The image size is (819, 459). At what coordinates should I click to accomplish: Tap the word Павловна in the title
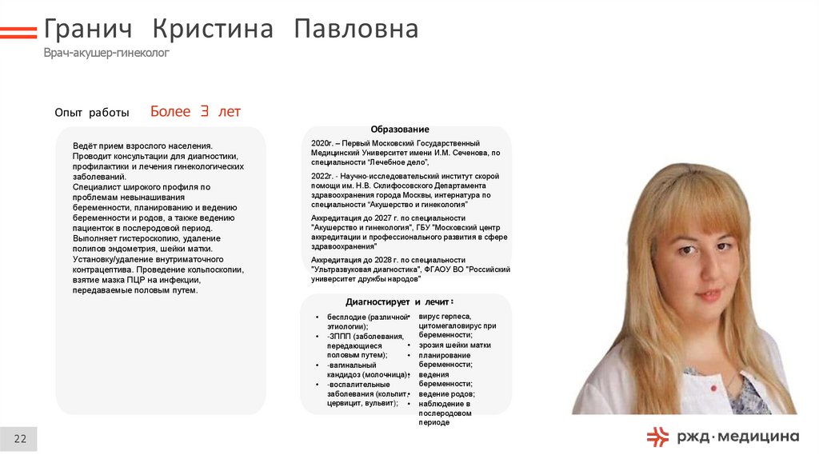(x=356, y=30)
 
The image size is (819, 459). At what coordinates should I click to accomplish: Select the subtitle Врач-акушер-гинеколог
(x=106, y=53)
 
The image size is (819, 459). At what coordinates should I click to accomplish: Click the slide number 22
(x=20, y=438)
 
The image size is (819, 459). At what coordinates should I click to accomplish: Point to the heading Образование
(x=399, y=130)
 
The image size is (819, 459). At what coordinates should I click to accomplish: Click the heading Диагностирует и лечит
(x=399, y=301)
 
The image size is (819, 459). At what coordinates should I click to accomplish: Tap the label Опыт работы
(x=92, y=113)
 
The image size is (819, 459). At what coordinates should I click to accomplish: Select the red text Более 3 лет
(x=195, y=112)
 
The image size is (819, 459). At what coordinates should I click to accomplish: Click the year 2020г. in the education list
(x=322, y=142)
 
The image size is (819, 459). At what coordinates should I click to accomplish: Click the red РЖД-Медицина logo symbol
(x=657, y=436)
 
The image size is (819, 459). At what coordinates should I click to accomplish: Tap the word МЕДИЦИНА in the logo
(x=757, y=436)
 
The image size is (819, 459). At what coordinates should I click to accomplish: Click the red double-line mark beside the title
(x=18, y=33)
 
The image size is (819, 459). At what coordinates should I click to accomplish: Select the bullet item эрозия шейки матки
(x=454, y=345)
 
